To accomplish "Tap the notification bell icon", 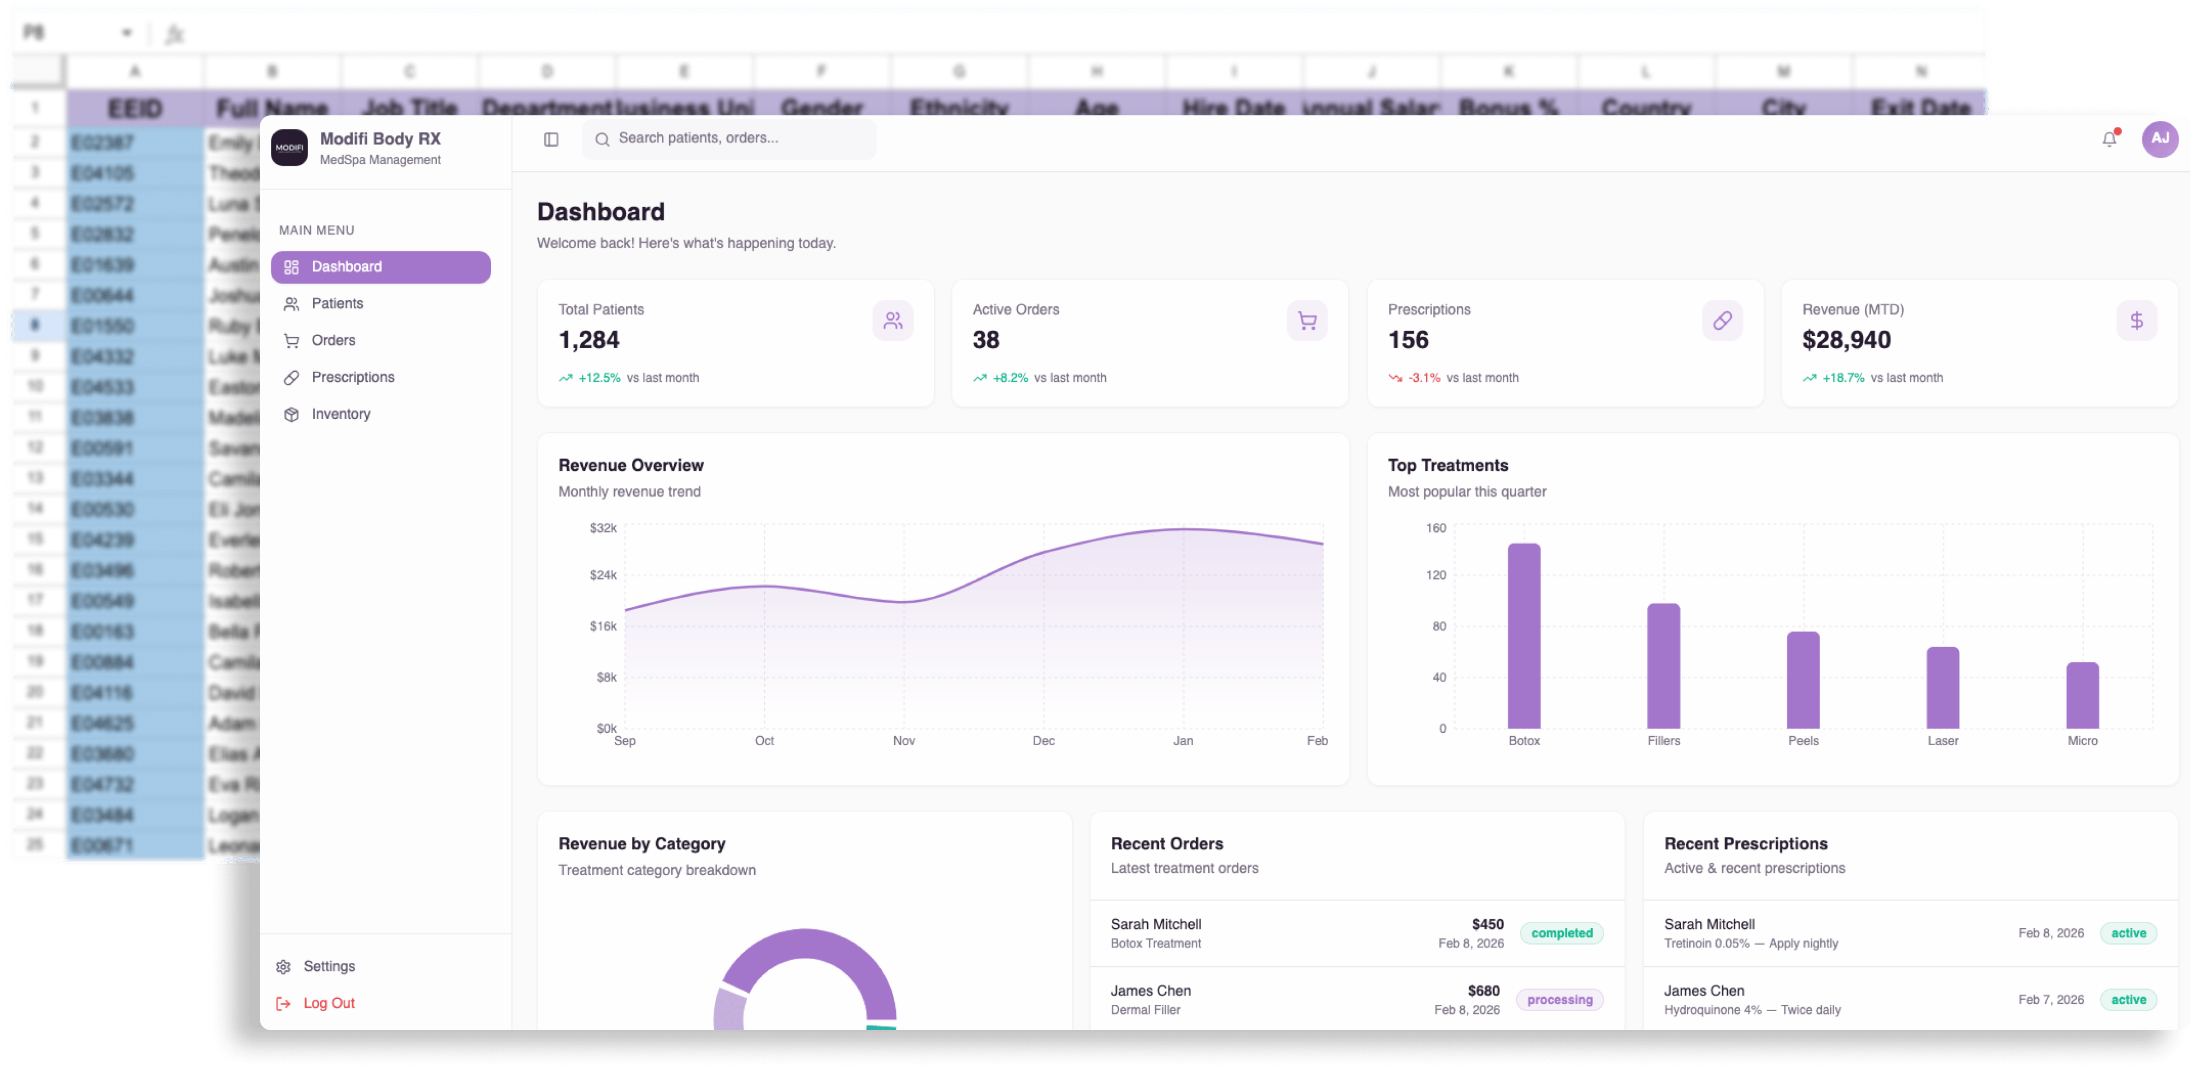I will point(2109,139).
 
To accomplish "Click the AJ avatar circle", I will point(2160,139).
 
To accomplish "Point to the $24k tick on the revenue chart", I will point(604,575).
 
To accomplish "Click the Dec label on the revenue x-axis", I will point(1043,741).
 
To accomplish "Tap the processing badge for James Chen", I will point(1559,999).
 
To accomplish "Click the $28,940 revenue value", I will point(1845,340).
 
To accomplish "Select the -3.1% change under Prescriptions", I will point(1424,378).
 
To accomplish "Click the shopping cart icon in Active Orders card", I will point(1307,321).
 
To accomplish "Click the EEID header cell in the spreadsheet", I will point(134,108).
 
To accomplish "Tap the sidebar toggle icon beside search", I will point(550,139).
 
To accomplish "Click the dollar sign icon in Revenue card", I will point(2136,321).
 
